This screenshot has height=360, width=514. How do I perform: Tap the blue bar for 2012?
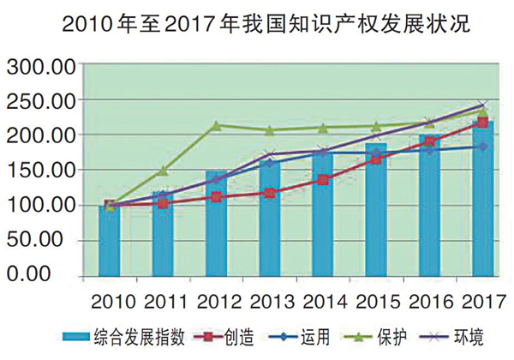coord(216,225)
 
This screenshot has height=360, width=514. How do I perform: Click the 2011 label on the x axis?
coord(164,302)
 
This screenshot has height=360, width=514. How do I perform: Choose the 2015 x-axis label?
coord(378,302)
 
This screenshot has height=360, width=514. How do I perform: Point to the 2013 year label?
coord(271,302)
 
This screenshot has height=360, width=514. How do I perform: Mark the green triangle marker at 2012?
coord(216,125)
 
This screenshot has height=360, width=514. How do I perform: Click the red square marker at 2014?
coord(323,180)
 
